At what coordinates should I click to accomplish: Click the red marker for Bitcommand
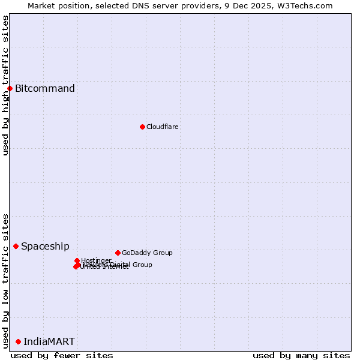pyautogui.click(x=10, y=89)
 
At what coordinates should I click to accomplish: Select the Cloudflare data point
pyautogui.click(x=142, y=127)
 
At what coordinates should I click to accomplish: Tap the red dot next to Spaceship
pyautogui.click(x=16, y=246)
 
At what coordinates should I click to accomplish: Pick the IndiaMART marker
pyautogui.click(x=18, y=341)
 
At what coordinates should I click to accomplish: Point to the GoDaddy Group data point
pyautogui.click(x=118, y=253)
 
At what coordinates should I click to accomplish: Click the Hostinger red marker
pyautogui.click(x=77, y=260)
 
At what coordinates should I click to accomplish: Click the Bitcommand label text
pyautogui.click(x=45, y=89)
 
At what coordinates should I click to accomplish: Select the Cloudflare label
pyautogui.click(x=163, y=127)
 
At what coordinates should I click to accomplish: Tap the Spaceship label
pyautogui.click(x=45, y=246)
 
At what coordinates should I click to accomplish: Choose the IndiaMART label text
pyautogui.click(x=49, y=341)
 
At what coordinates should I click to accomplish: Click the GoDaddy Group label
pyautogui.click(x=147, y=253)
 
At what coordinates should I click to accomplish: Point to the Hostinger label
pyautogui.click(x=96, y=260)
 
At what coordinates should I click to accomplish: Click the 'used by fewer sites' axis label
pyautogui.click(x=62, y=355)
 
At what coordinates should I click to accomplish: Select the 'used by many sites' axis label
pyautogui.click(x=301, y=355)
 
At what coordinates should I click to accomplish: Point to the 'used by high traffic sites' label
pyautogui.click(x=5, y=85)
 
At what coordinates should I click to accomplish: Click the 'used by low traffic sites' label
pyautogui.click(x=5, y=281)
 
